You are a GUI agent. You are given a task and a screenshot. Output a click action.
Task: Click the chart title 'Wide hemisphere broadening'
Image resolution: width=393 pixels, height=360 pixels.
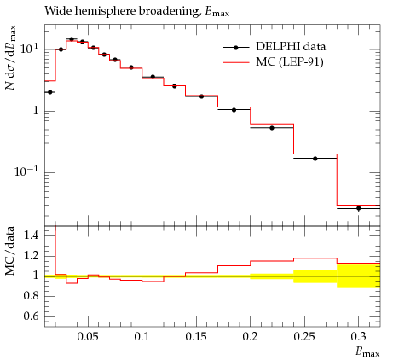pos(122,11)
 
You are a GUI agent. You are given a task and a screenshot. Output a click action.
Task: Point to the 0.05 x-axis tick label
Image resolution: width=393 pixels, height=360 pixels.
pos(88,336)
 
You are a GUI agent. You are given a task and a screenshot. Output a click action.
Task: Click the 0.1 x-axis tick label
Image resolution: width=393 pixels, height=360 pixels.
pos(142,336)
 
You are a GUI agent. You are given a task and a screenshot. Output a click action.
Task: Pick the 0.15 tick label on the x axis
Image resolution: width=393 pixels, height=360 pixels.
pos(196,336)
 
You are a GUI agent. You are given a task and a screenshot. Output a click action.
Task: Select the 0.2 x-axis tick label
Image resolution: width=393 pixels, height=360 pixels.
pos(251,336)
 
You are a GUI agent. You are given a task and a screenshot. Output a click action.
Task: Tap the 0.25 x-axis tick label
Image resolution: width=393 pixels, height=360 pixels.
pos(304,336)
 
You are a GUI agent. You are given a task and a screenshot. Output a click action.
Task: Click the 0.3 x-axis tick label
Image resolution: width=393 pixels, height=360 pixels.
pos(359,336)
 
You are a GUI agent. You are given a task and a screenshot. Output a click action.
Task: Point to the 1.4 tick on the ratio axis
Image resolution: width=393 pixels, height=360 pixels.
pos(31,235)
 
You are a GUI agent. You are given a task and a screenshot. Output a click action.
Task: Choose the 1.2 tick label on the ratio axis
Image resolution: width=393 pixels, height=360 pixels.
pos(31,255)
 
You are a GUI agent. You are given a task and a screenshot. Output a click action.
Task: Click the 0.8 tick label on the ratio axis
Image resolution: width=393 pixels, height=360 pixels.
pos(31,296)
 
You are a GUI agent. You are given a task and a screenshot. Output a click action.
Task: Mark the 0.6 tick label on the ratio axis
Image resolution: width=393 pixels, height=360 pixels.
pos(31,316)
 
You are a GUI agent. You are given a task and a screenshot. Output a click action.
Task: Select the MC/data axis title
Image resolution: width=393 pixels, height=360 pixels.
pos(10,251)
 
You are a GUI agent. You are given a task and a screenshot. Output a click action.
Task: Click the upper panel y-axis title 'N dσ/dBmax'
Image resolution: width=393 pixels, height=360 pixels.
pos(10,58)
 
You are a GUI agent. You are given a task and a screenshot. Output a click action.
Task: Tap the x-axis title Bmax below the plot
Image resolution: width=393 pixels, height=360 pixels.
pos(367,352)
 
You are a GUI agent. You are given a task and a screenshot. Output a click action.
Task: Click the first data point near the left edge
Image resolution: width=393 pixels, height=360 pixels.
pos(50,92)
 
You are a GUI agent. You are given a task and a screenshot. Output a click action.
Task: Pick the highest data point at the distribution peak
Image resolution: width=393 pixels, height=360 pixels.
pos(72,39)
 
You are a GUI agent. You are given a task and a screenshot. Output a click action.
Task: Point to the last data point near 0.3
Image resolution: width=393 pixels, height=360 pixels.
pos(359,208)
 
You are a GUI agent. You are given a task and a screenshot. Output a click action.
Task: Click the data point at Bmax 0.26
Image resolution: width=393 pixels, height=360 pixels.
pos(315,159)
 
